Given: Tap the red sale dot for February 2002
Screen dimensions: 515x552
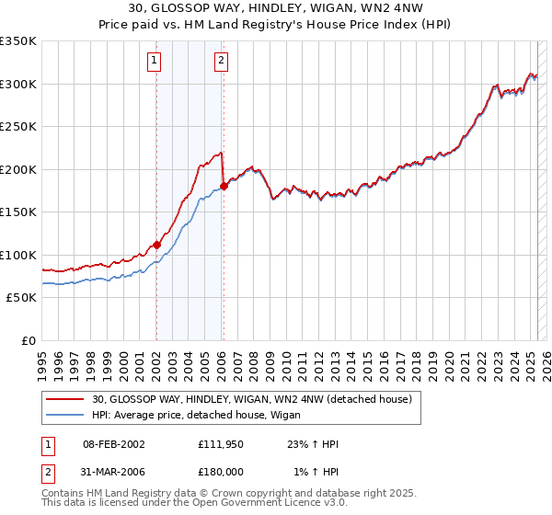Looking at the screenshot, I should (x=156, y=245).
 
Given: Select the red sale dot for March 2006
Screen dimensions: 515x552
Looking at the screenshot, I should (x=224, y=187).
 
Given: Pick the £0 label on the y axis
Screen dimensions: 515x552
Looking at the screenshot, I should (x=28, y=340).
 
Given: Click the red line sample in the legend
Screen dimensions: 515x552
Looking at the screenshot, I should (x=66, y=398).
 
